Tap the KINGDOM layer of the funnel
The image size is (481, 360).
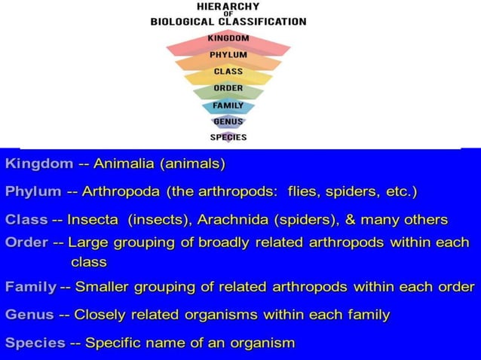[x=228, y=38]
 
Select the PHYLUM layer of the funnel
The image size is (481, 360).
[x=228, y=55]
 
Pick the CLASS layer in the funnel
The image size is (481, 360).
[x=228, y=72]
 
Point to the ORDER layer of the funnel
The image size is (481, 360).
[x=228, y=88]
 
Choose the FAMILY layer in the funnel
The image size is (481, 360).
[x=228, y=105]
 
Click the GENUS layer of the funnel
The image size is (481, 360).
[x=228, y=121]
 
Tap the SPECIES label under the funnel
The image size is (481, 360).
[x=228, y=137]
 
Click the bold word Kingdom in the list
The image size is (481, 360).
[x=39, y=163]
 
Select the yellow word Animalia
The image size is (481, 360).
[x=124, y=163]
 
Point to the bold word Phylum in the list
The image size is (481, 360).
[x=33, y=191]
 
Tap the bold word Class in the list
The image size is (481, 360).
[x=26, y=220]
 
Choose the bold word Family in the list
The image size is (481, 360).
[x=30, y=286]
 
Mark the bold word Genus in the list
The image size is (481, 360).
[x=29, y=315]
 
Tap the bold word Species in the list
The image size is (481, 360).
[x=35, y=343]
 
